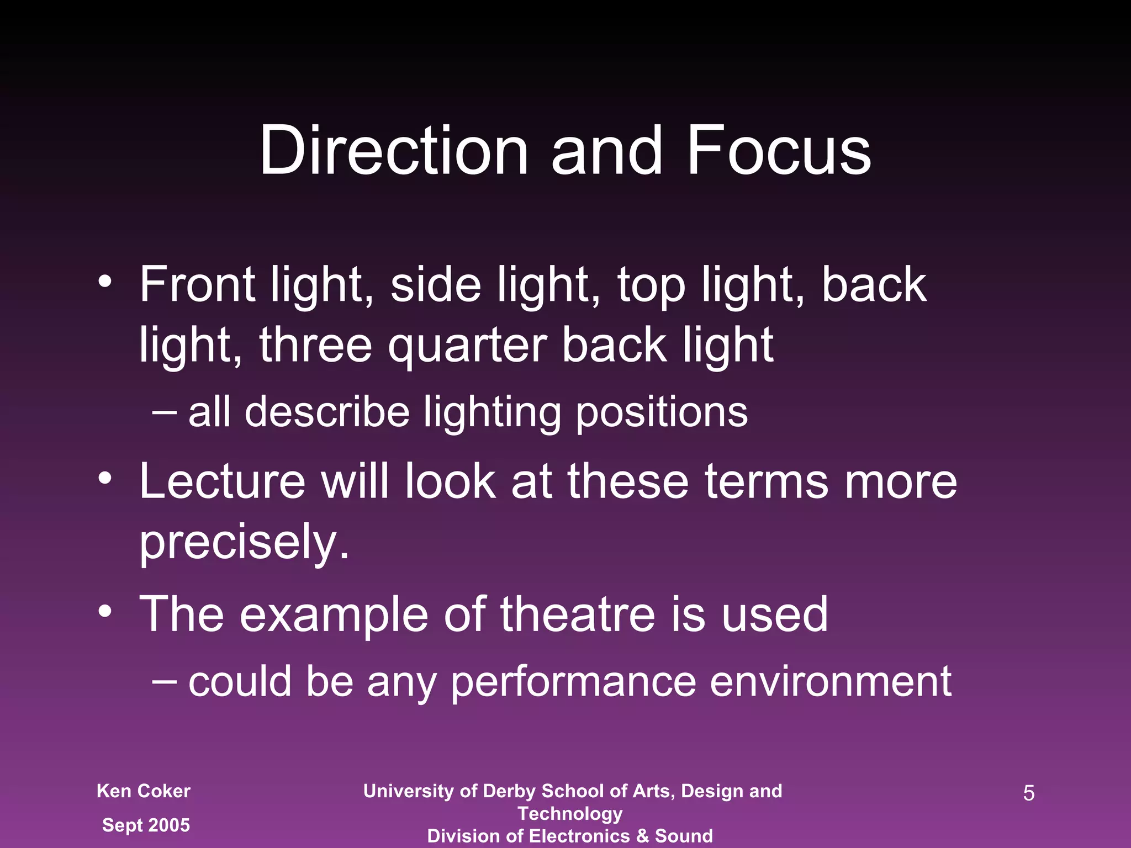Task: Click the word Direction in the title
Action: coord(394,151)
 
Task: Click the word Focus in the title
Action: coord(779,151)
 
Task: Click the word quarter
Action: coord(467,346)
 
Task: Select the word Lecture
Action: coord(222,481)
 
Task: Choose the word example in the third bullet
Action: coord(334,616)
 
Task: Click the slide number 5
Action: coord(1029,793)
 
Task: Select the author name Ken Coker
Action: coord(144,791)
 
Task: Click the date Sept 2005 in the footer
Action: coord(146,825)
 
